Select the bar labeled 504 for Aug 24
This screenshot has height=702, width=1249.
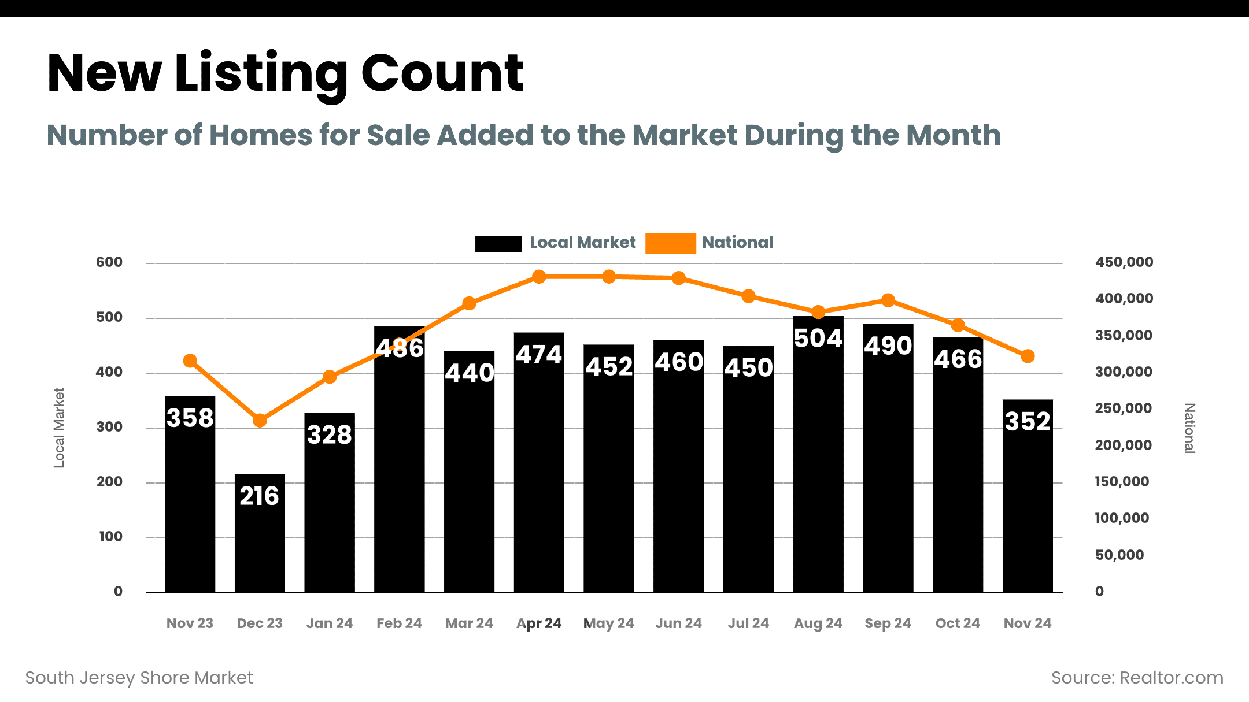coord(818,462)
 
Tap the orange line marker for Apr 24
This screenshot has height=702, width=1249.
coord(539,277)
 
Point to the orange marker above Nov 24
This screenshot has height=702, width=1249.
coord(1028,356)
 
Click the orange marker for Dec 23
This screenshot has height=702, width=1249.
coord(260,421)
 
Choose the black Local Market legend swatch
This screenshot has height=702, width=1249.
coord(498,243)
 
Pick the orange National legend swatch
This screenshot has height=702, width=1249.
coord(670,243)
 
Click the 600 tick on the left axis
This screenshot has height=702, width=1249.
coord(109,262)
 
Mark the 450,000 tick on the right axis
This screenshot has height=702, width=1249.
coord(1124,262)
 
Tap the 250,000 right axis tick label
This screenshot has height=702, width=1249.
coord(1123,408)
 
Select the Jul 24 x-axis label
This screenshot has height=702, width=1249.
coord(748,623)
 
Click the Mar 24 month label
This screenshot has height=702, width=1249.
coord(469,623)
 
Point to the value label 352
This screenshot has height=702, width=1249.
coord(1028,421)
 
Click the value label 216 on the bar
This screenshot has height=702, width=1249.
coord(260,496)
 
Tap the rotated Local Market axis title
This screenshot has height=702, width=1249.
coord(59,428)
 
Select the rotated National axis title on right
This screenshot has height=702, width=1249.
coord(1189,428)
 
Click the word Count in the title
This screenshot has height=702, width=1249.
coord(442,73)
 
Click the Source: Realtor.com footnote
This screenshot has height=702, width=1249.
coord(1137,678)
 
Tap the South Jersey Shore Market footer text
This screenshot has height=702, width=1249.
coord(139,678)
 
